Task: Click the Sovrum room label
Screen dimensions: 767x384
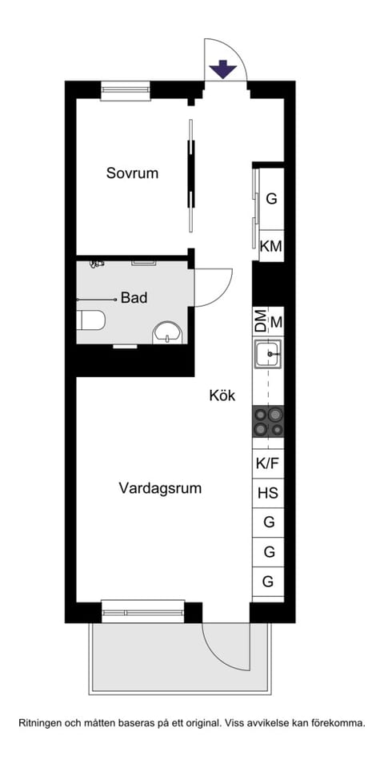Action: [132, 173]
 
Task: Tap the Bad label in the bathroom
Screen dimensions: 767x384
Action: [134, 298]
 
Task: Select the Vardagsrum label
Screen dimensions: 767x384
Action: [160, 487]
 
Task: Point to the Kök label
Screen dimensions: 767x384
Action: [222, 395]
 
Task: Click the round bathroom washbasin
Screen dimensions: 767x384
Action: [167, 332]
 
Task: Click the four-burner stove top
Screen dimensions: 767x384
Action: [268, 421]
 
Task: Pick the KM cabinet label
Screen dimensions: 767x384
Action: [271, 247]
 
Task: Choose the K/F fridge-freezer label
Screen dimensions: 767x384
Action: [268, 463]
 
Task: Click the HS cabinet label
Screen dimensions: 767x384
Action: [268, 493]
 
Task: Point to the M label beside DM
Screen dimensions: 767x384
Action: [277, 322]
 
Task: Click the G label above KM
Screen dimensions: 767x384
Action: [271, 198]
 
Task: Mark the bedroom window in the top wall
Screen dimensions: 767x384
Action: [126, 89]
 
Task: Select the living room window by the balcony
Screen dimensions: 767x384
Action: [143, 611]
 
